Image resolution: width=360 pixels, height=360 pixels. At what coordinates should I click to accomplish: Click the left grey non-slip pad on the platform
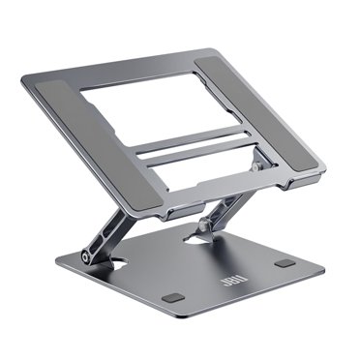(x=77, y=125)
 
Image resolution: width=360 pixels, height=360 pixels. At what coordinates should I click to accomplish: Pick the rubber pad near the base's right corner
(x=283, y=263)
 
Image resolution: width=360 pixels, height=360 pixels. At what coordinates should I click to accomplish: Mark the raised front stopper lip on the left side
(x=135, y=202)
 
